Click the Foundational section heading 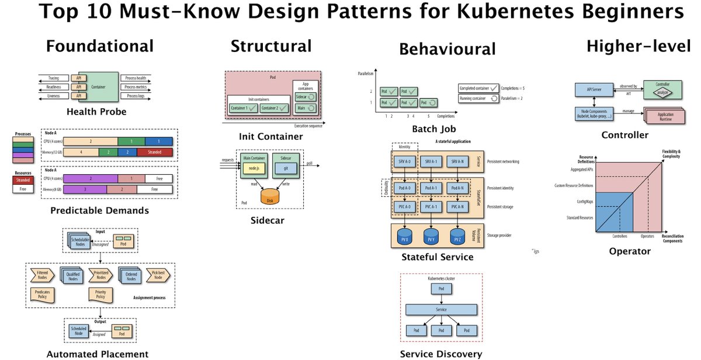pyautogui.click(x=100, y=46)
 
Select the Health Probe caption pyautogui.click(x=96, y=112)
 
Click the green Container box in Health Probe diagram pyautogui.click(x=98, y=86)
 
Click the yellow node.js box pyautogui.click(x=254, y=167)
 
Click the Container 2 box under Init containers pyautogui.click(x=274, y=108)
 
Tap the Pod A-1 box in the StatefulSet pyautogui.click(x=432, y=188)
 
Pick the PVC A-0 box pyautogui.click(x=404, y=207)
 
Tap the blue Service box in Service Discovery pyautogui.click(x=441, y=309)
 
